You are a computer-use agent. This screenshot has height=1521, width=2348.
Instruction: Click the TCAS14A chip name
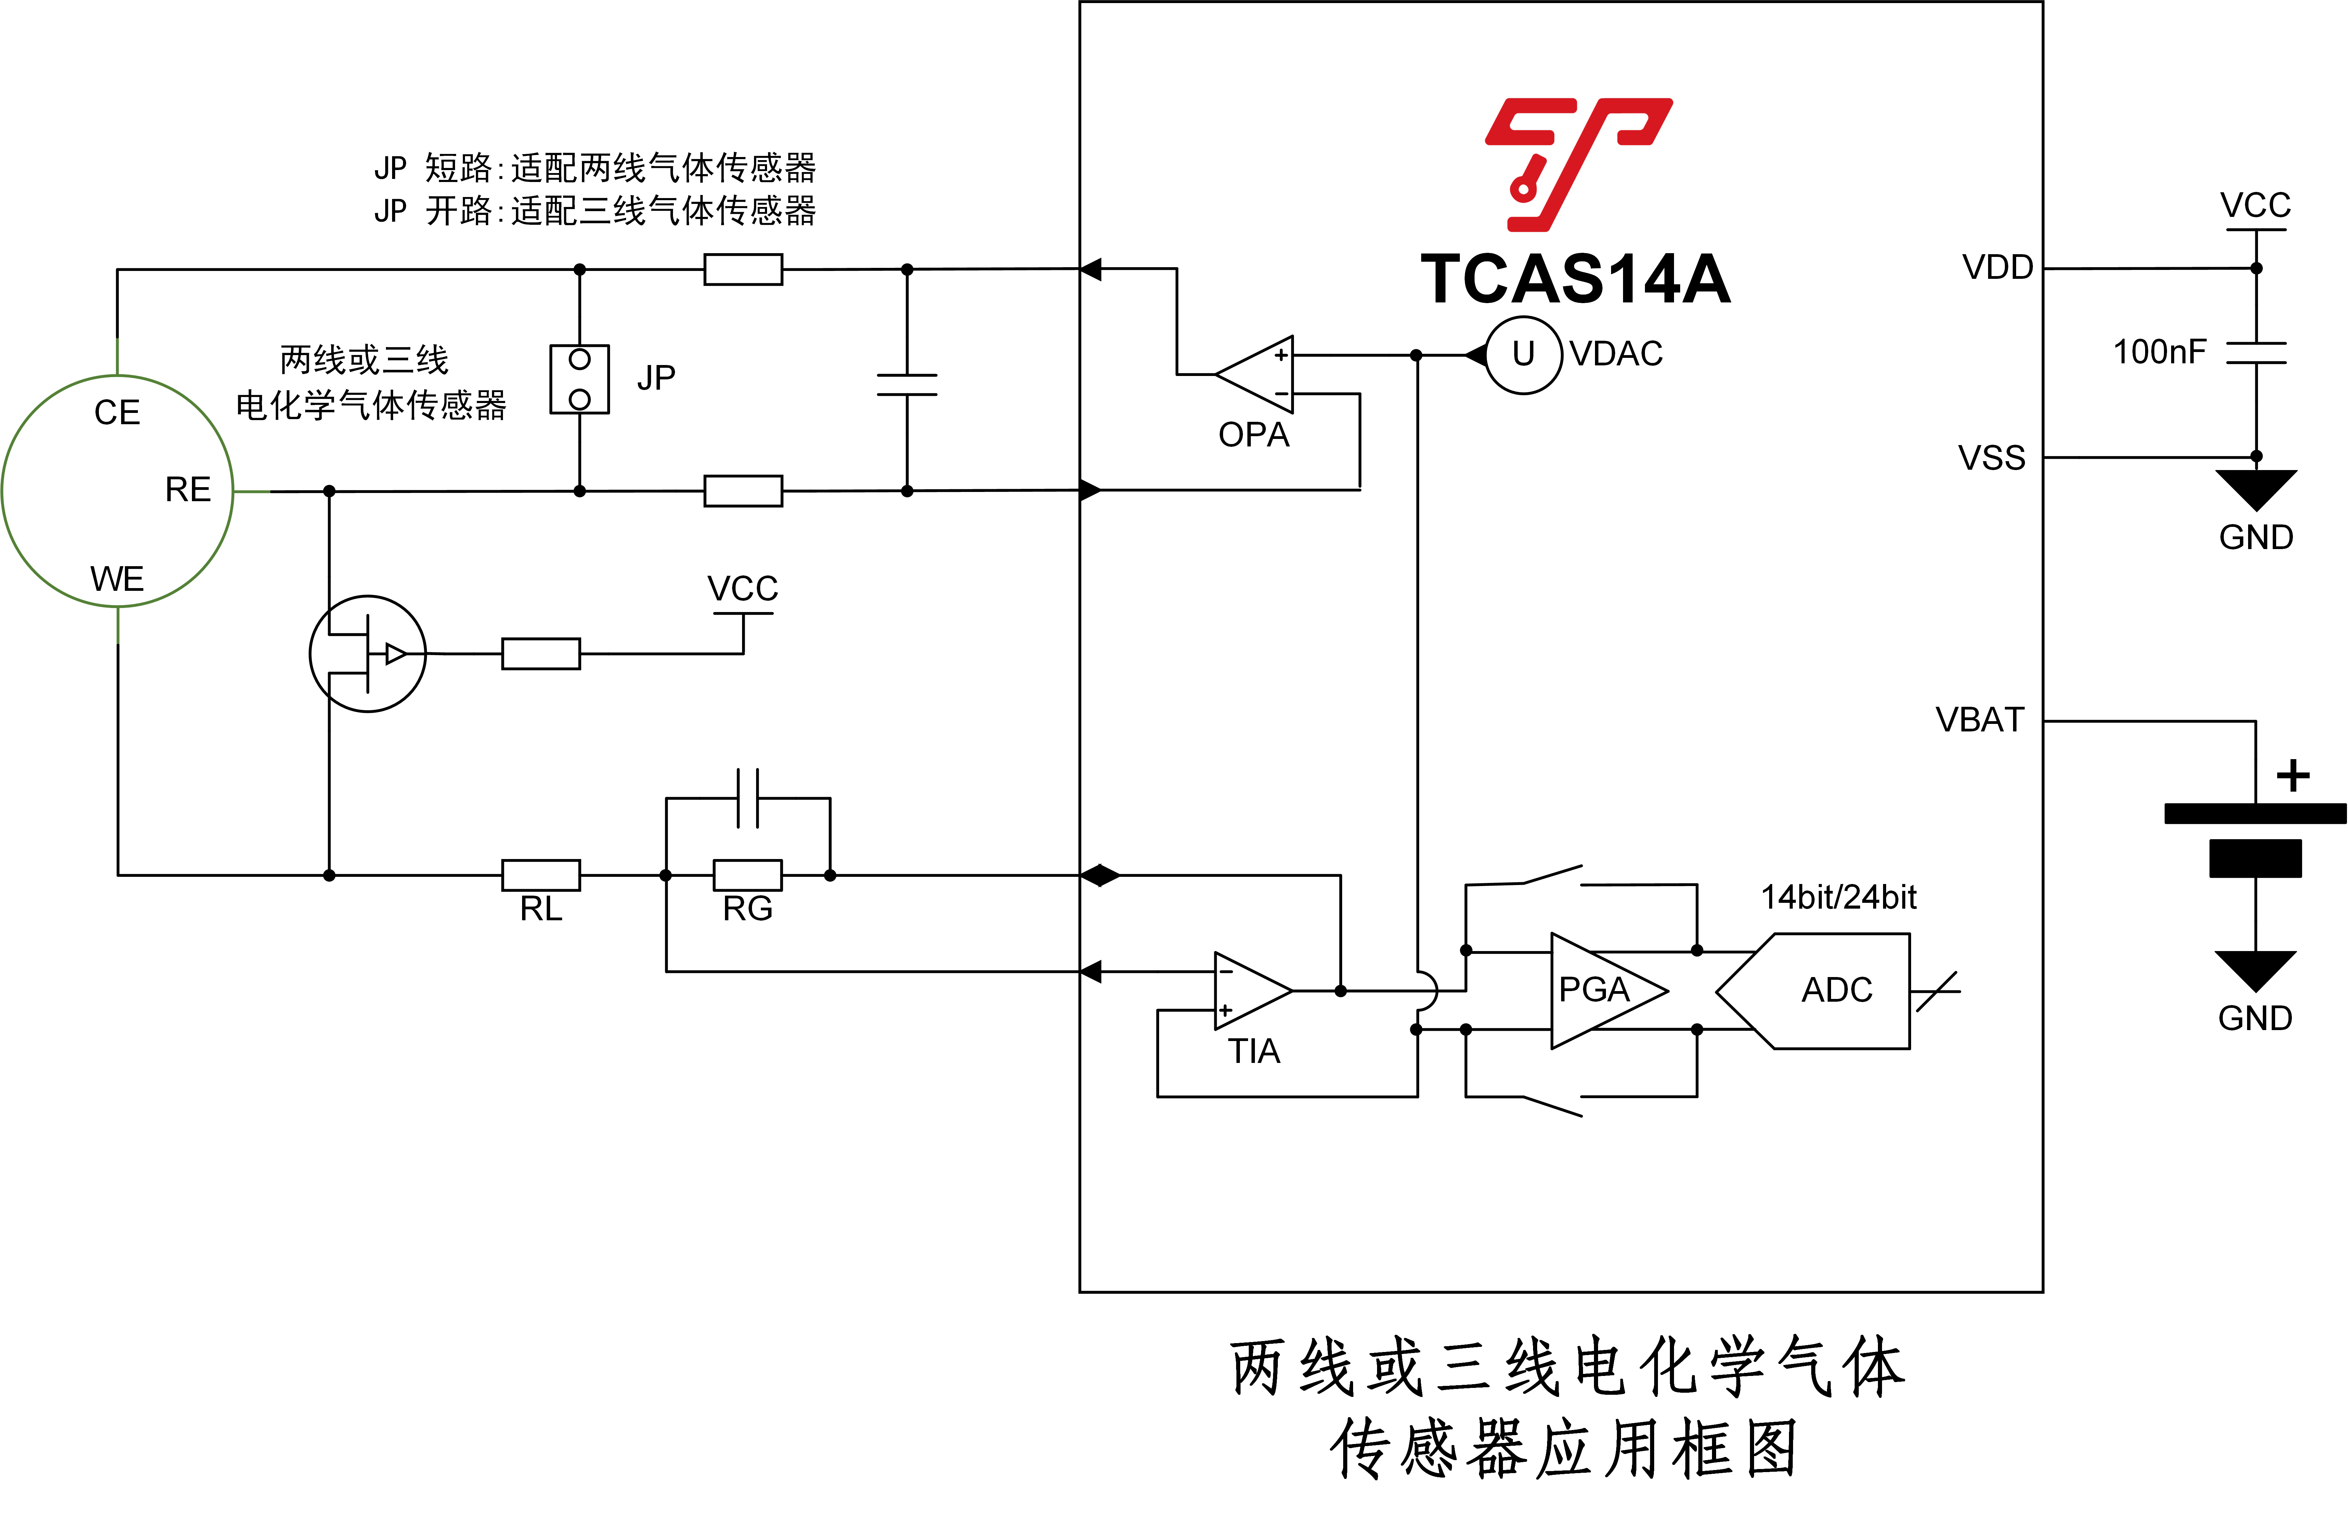coord(1575,279)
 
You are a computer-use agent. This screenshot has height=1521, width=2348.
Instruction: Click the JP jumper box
coord(579,379)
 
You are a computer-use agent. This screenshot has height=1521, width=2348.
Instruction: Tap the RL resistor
coord(541,875)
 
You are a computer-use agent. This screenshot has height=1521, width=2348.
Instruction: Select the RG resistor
coord(747,875)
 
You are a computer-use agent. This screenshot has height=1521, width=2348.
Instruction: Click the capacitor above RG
coord(748,798)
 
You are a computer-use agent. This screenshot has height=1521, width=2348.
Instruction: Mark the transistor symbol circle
coord(367,653)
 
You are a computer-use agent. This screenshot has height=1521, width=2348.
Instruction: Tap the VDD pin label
coord(1998,267)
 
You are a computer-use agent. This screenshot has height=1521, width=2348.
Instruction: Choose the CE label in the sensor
coord(117,412)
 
